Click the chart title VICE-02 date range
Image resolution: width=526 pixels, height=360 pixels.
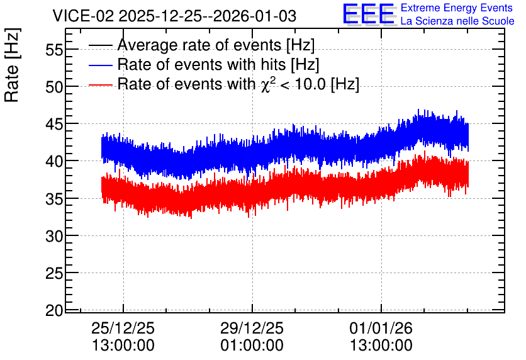(x=174, y=16)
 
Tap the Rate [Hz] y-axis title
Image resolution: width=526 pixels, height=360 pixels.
(x=12, y=65)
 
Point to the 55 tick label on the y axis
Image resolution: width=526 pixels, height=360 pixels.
(x=54, y=50)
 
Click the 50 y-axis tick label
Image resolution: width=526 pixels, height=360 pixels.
(x=54, y=87)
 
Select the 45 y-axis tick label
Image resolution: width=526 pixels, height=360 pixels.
(x=54, y=125)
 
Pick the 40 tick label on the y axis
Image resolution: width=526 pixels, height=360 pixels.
(x=54, y=162)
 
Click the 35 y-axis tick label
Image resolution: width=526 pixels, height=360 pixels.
(x=54, y=200)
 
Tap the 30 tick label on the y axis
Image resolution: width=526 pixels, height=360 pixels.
(x=54, y=237)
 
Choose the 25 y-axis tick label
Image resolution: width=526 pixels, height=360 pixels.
(x=54, y=274)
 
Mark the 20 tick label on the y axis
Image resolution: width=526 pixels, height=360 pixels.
(x=54, y=311)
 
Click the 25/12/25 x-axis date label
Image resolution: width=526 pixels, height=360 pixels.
(x=123, y=328)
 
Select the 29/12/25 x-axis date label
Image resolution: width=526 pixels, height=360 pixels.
(x=252, y=328)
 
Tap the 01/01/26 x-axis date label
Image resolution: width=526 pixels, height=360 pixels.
(x=381, y=328)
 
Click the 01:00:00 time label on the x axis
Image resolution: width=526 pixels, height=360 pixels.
(x=252, y=346)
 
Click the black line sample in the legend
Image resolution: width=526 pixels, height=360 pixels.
(x=100, y=45)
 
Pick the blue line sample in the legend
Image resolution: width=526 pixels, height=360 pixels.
(x=100, y=65)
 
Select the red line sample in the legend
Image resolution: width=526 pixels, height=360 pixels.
(x=100, y=84)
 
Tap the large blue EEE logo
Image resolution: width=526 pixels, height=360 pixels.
(x=369, y=14)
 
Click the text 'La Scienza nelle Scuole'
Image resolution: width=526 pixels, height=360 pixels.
(x=457, y=21)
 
